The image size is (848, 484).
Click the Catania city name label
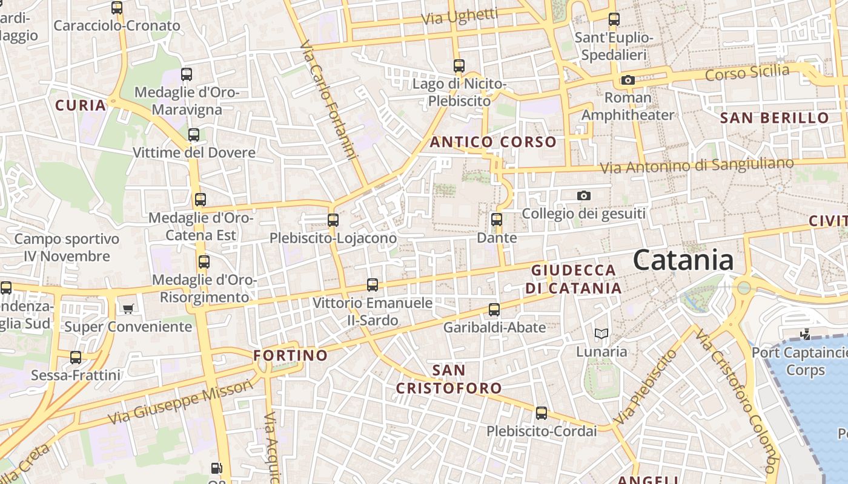pos(683,260)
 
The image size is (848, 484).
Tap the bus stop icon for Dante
pos(497,220)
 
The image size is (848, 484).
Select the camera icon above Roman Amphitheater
pos(628,80)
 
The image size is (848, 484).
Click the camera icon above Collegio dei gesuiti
pos(583,195)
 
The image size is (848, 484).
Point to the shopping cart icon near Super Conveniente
pos(128,309)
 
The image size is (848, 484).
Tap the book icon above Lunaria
pos(601,333)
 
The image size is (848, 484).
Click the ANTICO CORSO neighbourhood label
pos(493,142)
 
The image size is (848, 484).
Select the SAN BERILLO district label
pos(774,118)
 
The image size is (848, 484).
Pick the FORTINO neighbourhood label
pos(291,355)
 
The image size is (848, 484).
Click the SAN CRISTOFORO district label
pos(449,379)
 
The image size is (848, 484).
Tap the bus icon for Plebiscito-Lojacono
pos(333,220)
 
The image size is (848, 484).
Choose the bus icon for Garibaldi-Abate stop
pos(494,310)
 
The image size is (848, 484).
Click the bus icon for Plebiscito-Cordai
pos(541,413)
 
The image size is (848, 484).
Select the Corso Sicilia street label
pos(747,73)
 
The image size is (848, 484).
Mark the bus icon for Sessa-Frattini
pos(76,358)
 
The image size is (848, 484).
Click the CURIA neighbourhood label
pos(81,105)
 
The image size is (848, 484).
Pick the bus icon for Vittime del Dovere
pos(194,135)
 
